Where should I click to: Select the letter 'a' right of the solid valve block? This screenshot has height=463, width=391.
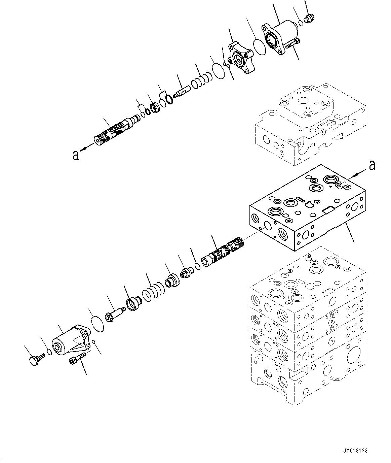[x=372, y=165]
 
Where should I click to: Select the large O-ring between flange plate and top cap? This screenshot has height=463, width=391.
[x=259, y=46]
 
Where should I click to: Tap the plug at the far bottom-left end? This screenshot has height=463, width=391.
[x=33, y=360]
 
